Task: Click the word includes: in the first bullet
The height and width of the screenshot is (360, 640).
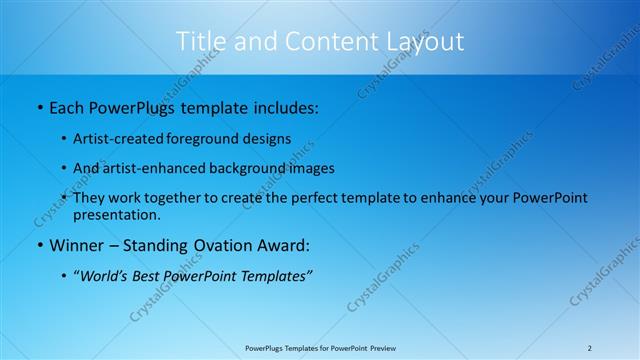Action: pyautogui.click(x=283, y=106)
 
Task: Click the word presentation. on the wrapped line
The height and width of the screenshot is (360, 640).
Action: pyautogui.click(x=116, y=214)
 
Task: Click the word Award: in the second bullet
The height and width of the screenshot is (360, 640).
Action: pyautogui.click(x=284, y=244)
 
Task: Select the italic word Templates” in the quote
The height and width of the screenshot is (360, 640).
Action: pyautogui.click(x=276, y=275)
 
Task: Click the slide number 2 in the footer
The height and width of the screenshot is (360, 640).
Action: pyautogui.click(x=590, y=348)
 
